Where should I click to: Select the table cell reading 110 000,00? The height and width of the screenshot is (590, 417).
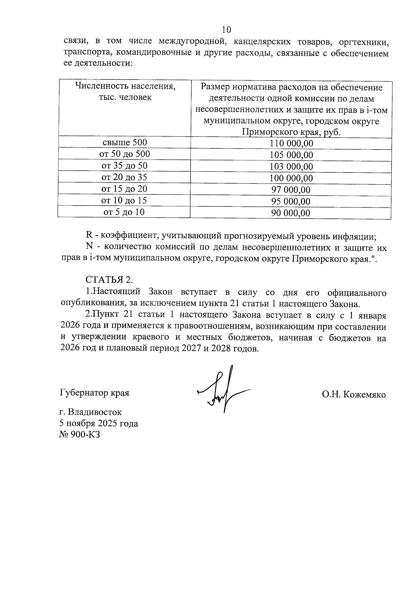(x=291, y=143)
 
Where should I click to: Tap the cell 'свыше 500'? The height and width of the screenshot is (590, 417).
(x=124, y=142)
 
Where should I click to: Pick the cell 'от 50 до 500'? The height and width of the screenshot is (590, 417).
(x=124, y=154)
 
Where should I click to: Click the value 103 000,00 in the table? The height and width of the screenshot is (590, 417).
(x=291, y=167)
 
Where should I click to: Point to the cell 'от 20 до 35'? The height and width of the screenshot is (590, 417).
(x=124, y=177)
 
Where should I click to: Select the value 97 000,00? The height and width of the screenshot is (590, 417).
(x=291, y=190)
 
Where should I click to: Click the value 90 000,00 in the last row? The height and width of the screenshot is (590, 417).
(x=291, y=213)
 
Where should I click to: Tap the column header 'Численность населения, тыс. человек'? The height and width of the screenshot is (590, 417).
(x=125, y=91)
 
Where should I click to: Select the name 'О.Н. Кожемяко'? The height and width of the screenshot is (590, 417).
(x=353, y=395)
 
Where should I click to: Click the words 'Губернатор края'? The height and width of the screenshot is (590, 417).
(x=95, y=393)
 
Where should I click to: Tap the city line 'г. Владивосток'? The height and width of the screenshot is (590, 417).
(x=91, y=412)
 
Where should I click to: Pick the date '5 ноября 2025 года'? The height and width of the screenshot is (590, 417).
(x=99, y=423)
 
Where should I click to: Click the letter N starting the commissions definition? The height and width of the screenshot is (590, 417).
(x=89, y=248)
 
